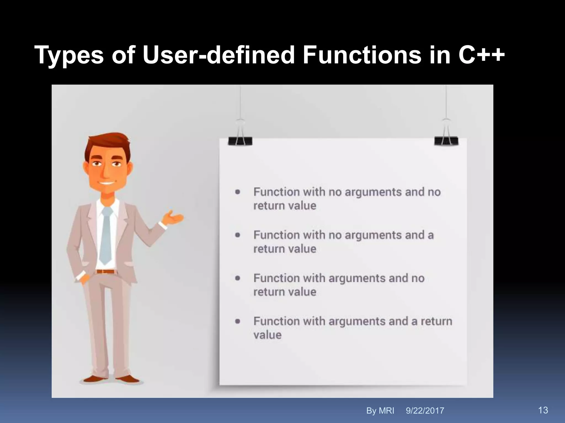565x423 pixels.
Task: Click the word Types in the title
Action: (x=69, y=56)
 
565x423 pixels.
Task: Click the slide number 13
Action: (x=543, y=410)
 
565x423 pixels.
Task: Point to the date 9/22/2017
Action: (x=425, y=411)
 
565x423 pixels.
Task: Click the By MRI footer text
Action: (x=380, y=411)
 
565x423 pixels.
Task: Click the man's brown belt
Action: (x=105, y=272)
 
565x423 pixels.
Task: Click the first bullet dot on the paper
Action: (x=238, y=192)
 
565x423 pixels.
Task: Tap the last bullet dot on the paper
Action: (x=238, y=321)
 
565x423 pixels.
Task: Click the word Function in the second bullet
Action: (x=276, y=235)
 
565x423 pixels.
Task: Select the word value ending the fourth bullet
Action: (x=267, y=335)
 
